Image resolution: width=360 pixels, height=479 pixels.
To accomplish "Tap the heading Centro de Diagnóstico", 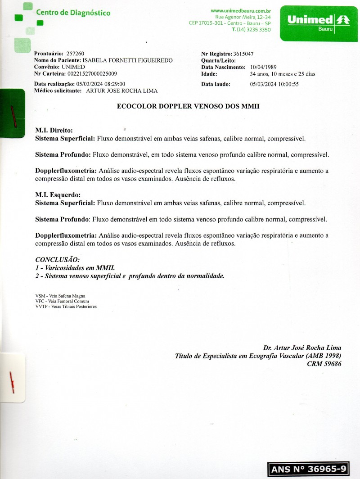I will click(73, 13).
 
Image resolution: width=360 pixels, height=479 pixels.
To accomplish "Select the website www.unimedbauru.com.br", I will click(240, 10).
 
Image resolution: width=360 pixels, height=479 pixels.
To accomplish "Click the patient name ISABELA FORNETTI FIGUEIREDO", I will click(128, 60).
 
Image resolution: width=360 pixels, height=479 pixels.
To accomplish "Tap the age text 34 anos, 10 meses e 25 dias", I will click(282, 73).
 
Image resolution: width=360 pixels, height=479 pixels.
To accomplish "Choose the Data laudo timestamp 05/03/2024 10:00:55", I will click(274, 84).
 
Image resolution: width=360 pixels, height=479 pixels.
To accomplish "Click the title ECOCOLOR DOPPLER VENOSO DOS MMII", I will click(188, 107).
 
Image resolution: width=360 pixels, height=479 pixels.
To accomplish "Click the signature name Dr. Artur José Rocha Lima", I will click(302, 348).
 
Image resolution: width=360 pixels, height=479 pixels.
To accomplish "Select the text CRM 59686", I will click(324, 364).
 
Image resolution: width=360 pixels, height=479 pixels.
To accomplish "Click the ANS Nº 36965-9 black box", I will click(308, 469).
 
